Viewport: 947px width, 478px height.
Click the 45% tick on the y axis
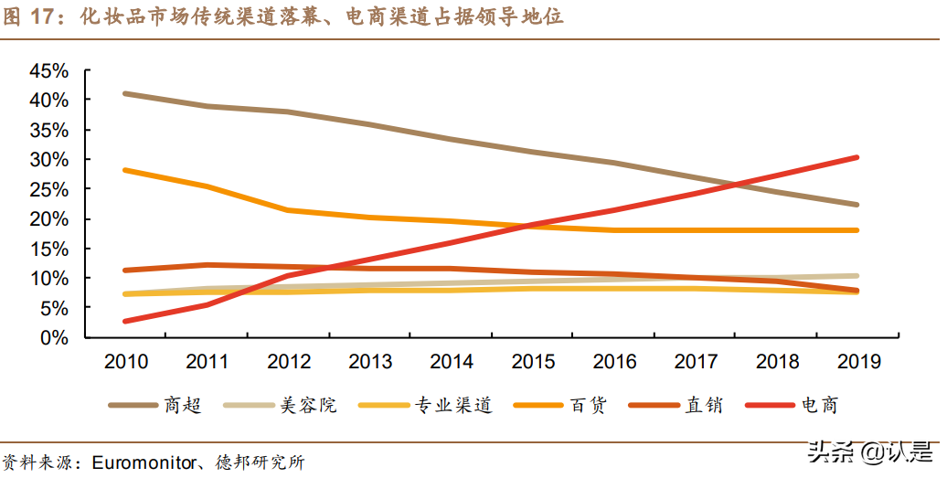[x=48, y=70]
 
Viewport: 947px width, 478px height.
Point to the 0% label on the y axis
[x=54, y=337]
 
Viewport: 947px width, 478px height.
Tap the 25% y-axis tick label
[x=48, y=189]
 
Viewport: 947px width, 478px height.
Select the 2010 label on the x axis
[x=125, y=362]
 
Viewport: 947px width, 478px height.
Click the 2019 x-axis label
[x=857, y=362]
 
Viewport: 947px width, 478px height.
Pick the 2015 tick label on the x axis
[x=532, y=362]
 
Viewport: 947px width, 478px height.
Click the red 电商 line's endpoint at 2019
[x=857, y=157]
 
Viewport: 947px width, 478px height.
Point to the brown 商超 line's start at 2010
[x=125, y=93]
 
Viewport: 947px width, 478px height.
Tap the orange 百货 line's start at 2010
[x=125, y=170]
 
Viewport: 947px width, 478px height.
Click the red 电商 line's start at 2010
[x=125, y=321]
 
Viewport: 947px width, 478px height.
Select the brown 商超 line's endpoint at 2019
[x=857, y=205]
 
